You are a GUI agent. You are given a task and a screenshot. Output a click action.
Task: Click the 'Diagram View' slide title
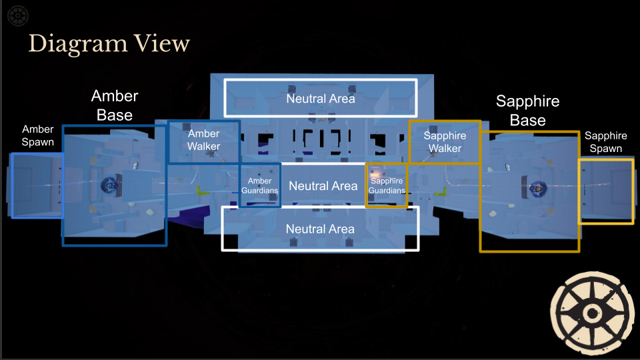coord(109,44)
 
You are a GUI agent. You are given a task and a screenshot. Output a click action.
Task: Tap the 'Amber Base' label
coord(115,105)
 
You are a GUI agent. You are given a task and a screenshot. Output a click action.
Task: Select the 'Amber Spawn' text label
coord(37,135)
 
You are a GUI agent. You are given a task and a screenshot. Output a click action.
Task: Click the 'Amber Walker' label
coord(203,140)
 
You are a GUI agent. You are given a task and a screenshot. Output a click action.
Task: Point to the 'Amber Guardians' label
coord(259,186)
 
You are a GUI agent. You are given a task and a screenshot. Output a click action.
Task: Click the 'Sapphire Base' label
coord(527,111)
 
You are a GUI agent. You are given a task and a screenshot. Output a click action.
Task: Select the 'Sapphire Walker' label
coord(445,142)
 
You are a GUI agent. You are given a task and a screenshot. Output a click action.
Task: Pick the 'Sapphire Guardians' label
coord(387,186)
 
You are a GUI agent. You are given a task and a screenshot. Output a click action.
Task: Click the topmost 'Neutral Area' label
coord(320,99)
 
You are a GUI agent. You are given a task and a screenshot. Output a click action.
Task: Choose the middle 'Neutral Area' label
coord(323,186)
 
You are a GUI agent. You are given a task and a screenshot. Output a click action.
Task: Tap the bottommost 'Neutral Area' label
coord(320,229)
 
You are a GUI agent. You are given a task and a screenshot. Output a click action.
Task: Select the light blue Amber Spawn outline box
coord(37,185)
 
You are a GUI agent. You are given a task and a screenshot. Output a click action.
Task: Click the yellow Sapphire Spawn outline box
coord(606,191)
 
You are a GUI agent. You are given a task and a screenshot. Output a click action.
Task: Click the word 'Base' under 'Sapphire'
coord(527,121)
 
